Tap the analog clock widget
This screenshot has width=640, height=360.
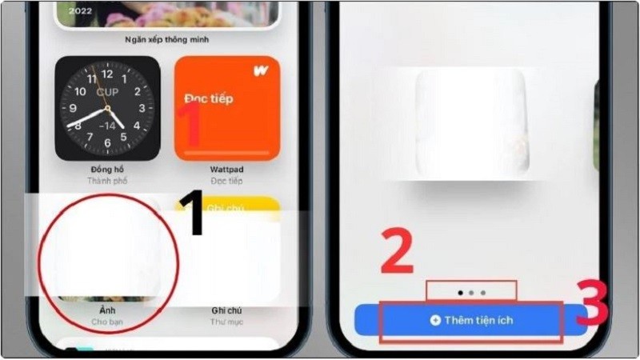tap(107, 108)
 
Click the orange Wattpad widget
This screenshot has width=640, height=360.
tap(227, 108)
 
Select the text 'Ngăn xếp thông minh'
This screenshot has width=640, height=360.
tap(167, 38)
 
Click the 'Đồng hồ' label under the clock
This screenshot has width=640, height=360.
tap(107, 170)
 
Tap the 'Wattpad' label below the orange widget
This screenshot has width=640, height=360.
tap(227, 170)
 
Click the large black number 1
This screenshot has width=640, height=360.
tap(192, 214)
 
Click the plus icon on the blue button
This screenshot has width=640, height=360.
tap(435, 320)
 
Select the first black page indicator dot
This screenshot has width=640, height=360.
tap(460, 293)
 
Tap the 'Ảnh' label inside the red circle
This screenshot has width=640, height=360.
tap(107, 310)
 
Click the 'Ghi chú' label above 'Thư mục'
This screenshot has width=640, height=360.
tap(227, 310)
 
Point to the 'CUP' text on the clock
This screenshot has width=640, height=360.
tap(107, 93)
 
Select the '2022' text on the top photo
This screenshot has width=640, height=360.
tap(80, 11)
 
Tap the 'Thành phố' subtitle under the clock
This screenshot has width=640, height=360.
tap(107, 182)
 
